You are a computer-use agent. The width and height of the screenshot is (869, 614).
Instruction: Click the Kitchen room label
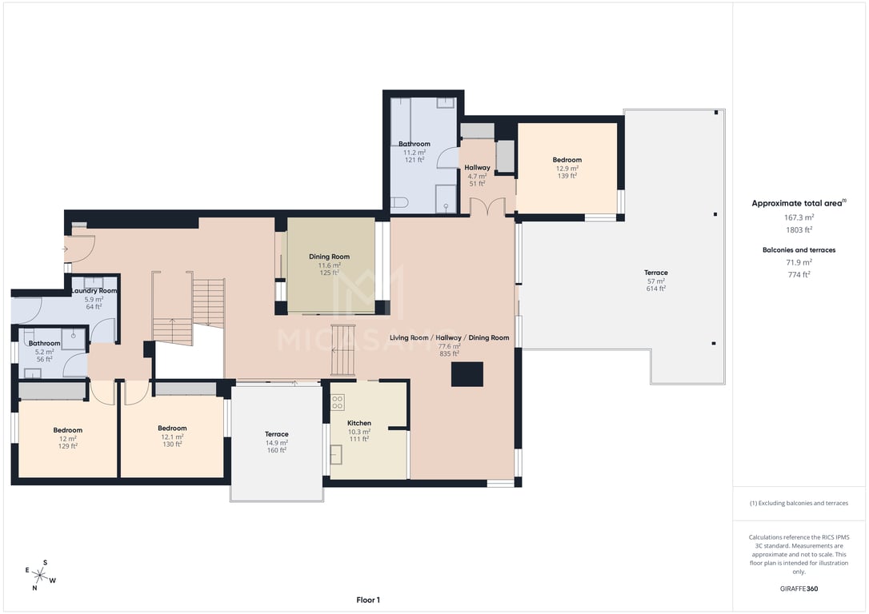[x=359, y=423]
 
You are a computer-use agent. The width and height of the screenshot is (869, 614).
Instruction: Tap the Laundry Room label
[x=94, y=291]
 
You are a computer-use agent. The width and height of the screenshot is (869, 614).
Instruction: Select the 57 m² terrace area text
[x=655, y=281]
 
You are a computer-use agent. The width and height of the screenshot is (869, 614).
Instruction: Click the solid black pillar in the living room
[x=467, y=374]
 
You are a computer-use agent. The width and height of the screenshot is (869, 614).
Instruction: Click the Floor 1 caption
[x=368, y=600]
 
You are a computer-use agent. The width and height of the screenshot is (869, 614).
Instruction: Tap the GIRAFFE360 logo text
[x=799, y=588]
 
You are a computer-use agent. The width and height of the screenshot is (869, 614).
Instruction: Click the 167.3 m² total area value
[x=799, y=217]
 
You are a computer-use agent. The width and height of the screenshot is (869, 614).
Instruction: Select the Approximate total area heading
[x=799, y=203]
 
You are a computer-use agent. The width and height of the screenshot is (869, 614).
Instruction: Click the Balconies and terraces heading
[x=799, y=249]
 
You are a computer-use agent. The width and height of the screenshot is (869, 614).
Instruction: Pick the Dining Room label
[x=329, y=257]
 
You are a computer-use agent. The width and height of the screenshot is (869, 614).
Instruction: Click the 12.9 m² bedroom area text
[x=567, y=169]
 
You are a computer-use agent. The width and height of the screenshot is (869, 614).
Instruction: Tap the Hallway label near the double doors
[x=477, y=167]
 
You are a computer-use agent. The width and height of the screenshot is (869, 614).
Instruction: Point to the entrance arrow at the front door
[x=65, y=249]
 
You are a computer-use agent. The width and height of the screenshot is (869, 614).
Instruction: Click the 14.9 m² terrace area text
[x=276, y=443]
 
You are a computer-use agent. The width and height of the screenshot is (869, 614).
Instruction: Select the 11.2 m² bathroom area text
[x=414, y=152]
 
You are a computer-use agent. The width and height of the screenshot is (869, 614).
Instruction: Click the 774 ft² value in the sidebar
[x=799, y=274]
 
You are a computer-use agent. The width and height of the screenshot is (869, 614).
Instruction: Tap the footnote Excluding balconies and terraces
[x=799, y=503]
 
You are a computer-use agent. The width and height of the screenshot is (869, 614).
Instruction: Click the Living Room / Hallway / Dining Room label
[x=449, y=337]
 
